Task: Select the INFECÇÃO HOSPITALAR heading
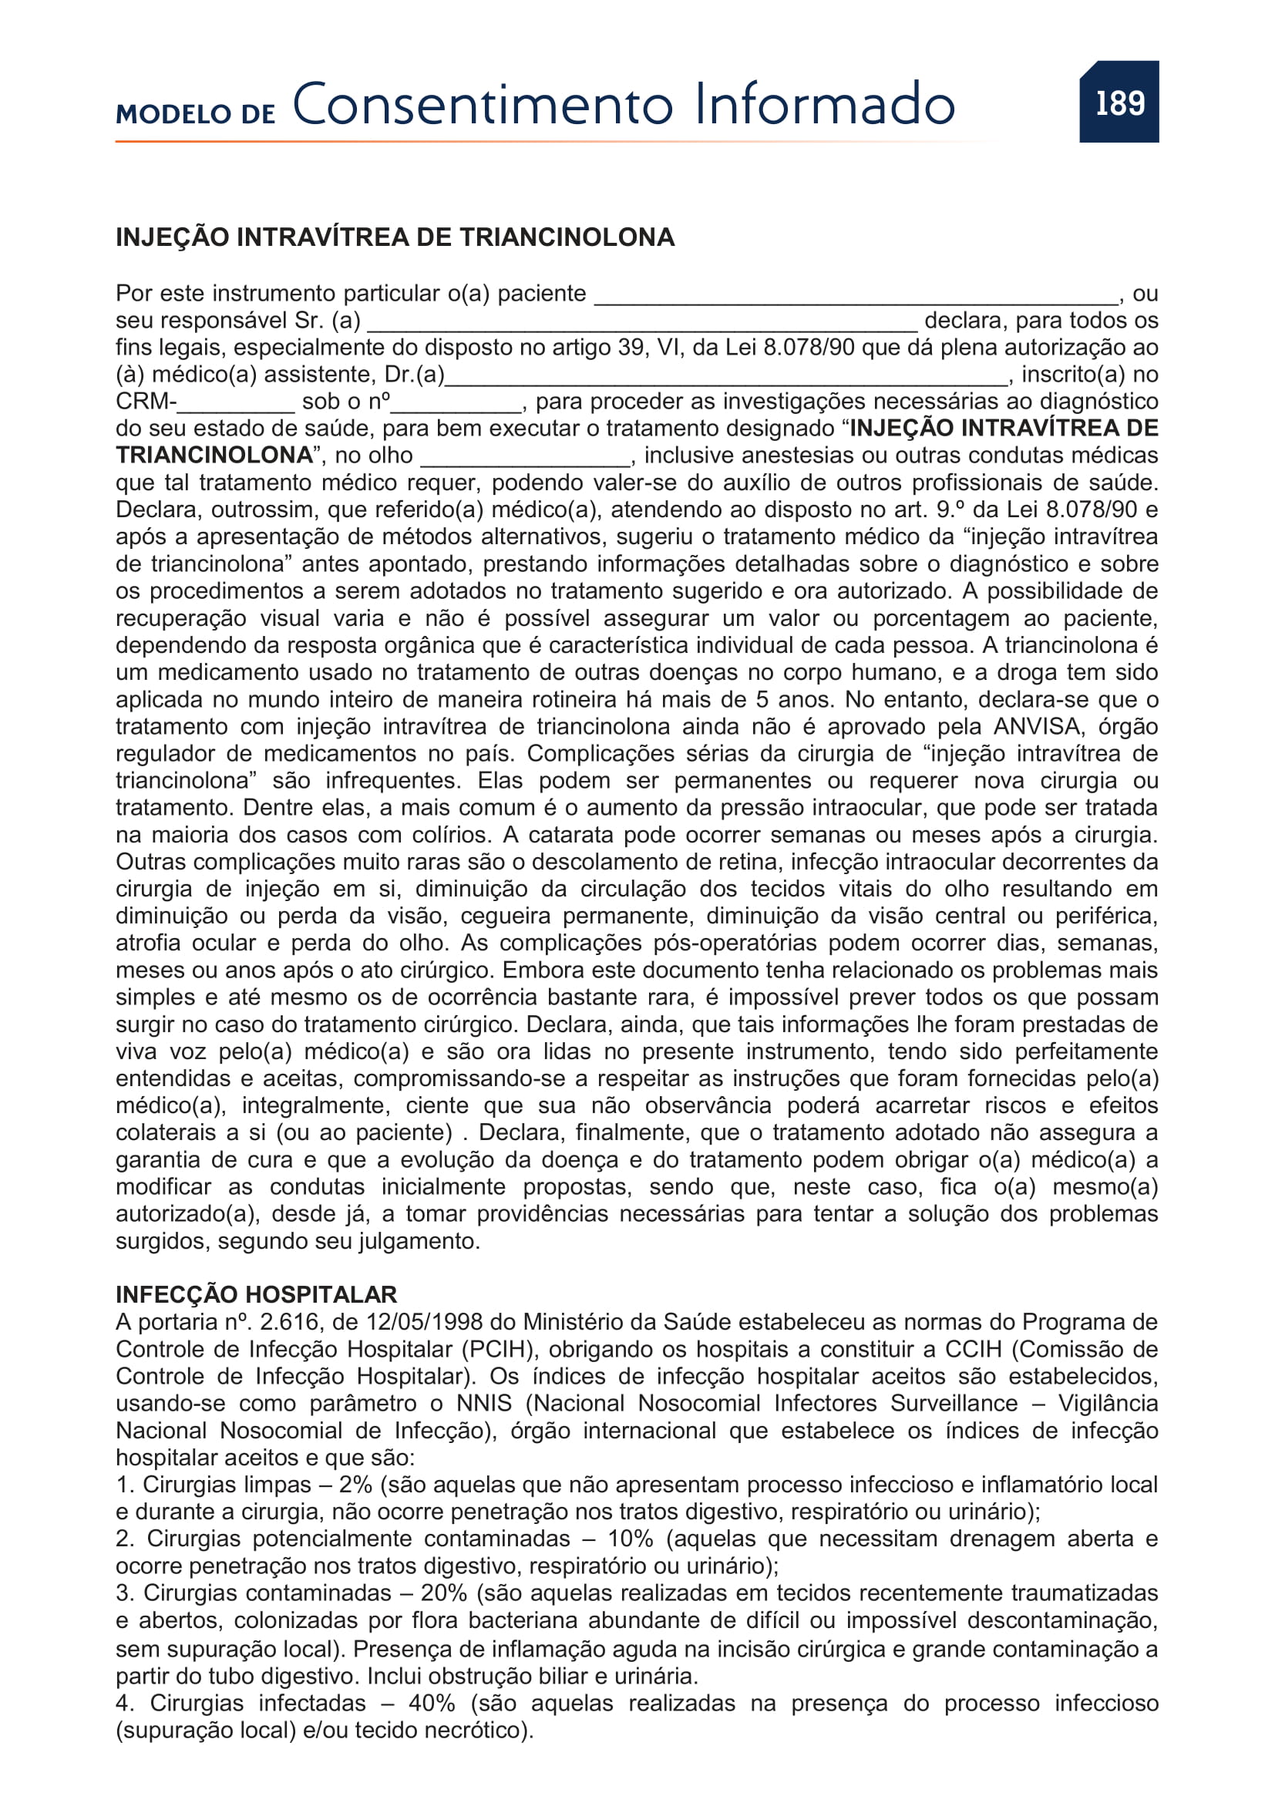[256, 1294]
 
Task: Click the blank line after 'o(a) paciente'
[856, 297]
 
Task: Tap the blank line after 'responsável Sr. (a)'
[641, 324]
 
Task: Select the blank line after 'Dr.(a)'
[726, 378]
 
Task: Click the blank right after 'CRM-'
[236, 405]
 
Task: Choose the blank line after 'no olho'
[525, 459]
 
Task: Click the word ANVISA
[1036, 726]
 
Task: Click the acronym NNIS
[483, 1403]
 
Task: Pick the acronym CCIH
[974, 1349]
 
